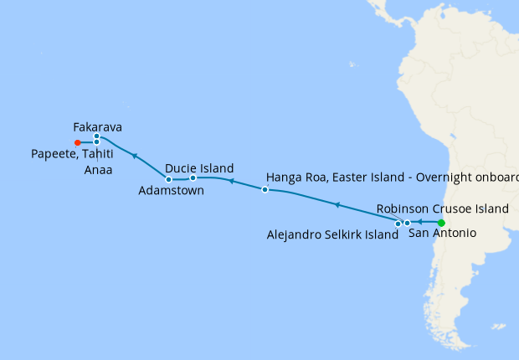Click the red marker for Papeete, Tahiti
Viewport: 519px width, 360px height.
[77, 142]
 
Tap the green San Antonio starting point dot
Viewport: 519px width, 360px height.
[441, 223]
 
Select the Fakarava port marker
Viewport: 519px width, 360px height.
[97, 136]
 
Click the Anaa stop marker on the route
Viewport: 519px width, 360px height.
[97, 142]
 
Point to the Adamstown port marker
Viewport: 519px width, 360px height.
[169, 179]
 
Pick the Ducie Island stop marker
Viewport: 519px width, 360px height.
[193, 177]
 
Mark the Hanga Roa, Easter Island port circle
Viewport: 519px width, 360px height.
[265, 190]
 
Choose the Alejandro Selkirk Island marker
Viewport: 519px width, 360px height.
[398, 224]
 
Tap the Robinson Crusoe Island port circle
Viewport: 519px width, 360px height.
[407, 223]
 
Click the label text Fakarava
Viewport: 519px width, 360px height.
[98, 127]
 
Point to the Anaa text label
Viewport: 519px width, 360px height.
[99, 170]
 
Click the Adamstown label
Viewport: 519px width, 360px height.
[171, 190]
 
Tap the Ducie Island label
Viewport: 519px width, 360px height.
[199, 167]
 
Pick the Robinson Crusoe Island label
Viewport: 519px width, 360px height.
[441, 208]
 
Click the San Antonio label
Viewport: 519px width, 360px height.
[442, 234]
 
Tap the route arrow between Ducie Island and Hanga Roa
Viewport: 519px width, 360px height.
[231, 182]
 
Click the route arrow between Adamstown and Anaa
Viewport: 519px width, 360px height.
[134, 156]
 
